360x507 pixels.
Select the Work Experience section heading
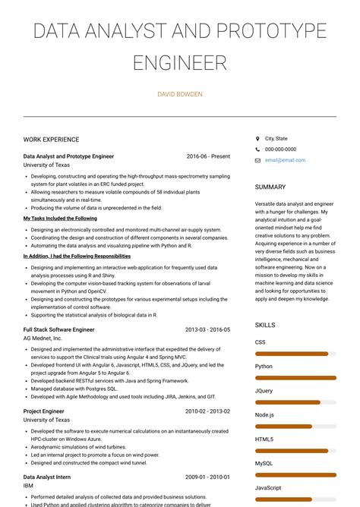[x=51, y=140]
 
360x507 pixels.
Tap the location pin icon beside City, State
[x=257, y=139]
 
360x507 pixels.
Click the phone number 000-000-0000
[x=280, y=150]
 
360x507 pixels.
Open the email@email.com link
[x=285, y=160]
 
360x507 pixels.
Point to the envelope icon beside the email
[x=257, y=160]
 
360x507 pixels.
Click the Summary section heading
[x=270, y=187]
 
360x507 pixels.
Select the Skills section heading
[x=265, y=325]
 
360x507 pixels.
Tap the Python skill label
[x=264, y=366]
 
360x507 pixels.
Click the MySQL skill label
[x=264, y=463]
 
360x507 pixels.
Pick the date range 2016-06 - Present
[x=208, y=156]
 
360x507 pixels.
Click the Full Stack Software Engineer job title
[x=58, y=330]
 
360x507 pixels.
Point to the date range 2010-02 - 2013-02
[x=208, y=411]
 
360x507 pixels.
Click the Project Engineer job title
[x=43, y=411]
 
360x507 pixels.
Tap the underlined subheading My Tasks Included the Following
[x=60, y=219]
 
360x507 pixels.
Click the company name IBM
[x=29, y=486]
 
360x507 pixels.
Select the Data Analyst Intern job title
[x=47, y=477]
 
